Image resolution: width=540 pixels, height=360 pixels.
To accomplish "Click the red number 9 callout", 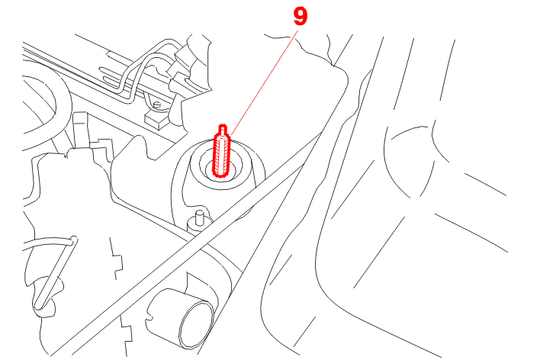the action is pos(300,17).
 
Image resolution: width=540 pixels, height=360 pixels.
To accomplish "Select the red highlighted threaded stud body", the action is pos(221,155).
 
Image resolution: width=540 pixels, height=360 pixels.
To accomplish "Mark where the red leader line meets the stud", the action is pos(231,134).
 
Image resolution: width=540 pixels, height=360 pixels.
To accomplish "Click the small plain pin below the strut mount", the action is pos(199,218).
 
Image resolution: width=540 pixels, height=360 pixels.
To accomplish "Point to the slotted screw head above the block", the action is pos(157,104).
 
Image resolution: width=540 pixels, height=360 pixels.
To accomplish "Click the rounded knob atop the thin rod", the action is pos(73,239).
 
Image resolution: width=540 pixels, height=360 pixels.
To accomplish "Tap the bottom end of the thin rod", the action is pos(39,305).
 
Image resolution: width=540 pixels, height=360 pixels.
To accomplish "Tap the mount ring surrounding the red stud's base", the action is pos(218,165).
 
